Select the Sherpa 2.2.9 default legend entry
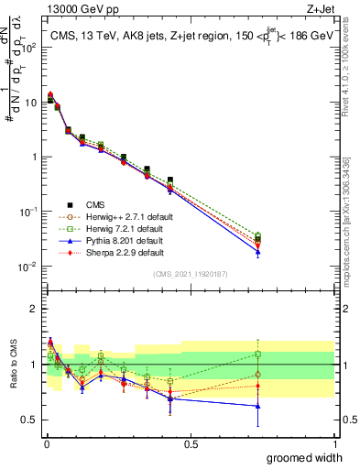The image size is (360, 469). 115,252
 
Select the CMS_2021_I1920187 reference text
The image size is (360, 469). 190,274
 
